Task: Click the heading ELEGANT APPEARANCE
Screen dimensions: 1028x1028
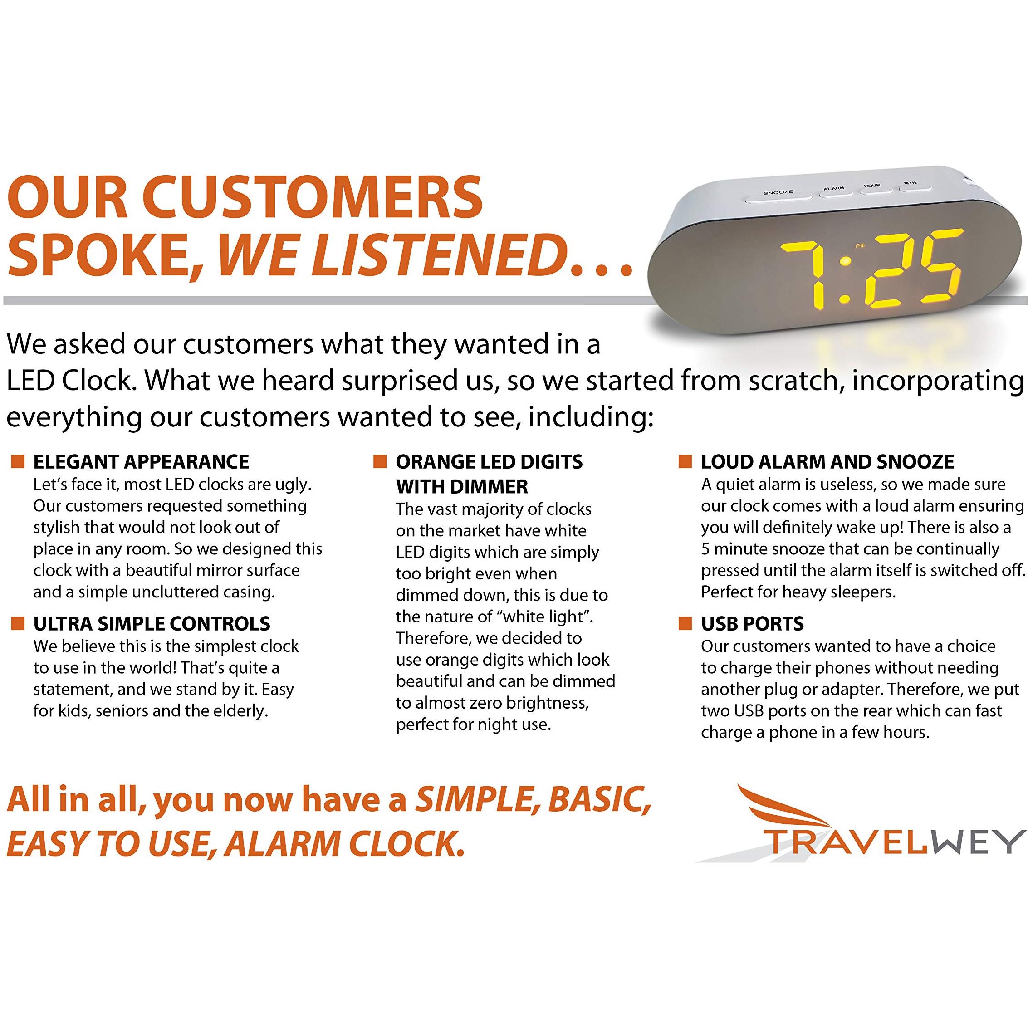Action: (141, 462)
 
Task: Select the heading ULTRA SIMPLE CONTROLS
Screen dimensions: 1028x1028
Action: (152, 624)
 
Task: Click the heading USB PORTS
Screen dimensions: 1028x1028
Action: (752, 624)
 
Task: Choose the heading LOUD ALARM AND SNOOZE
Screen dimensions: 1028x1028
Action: (827, 462)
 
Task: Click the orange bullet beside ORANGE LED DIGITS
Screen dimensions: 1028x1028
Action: (379, 461)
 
